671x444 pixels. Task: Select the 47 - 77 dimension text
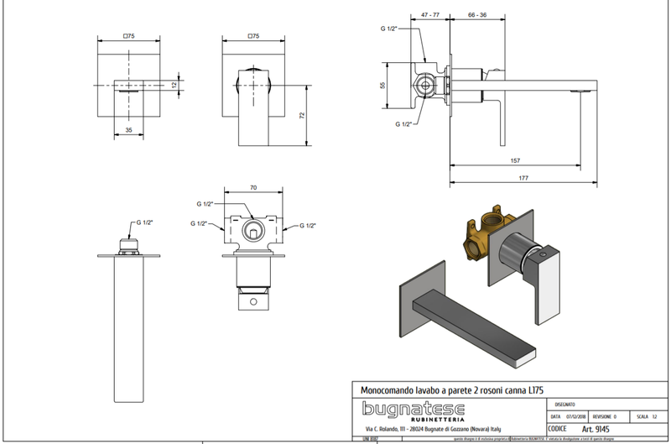[431, 14]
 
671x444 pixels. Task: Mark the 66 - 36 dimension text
[478, 14]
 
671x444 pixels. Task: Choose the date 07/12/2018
[575, 415]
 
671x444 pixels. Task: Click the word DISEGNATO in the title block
[569, 403]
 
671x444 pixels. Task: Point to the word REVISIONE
[606, 415]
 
